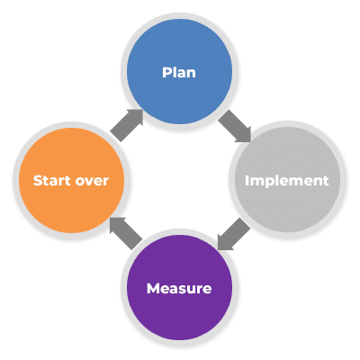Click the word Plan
pyautogui.click(x=179, y=73)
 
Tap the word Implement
pyautogui.click(x=287, y=181)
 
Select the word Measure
pyautogui.click(x=179, y=289)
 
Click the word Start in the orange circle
pyautogui.click(x=52, y=181)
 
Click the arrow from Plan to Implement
pyautogui.click(x=235, y=126)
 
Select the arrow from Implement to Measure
pyautogui.click(x=234, y=234)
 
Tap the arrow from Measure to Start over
pyautogui.click(x=126, y=233)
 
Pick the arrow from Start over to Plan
pyautogui.click(x=127, y=125)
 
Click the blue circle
pyautogui.click(x=179, y=72)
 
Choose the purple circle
pyautogui.click(x=179, y=287)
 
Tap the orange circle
pyautogui.click(x=71, y=181)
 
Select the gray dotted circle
pyautogui.click(x=287, y=179)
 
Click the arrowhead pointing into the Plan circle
pyautogui.click(x=136, y=116)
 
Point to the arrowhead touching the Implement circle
pyautogui.click(x=244, y=135)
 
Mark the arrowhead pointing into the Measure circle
pyautogui.click(x=225, y=242)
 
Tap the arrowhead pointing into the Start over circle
pyautogui.click(x=117, y=225)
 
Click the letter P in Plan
pyautogui.click(x=166, y=73)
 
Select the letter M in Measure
pyautogui.click(x=153, y=289)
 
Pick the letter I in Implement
pyautogui.click(x=247, y=181)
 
